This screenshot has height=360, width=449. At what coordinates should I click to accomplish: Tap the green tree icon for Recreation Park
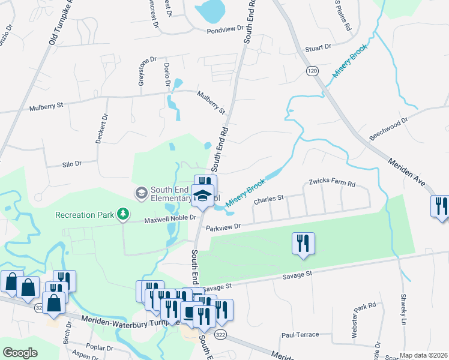(x=123, y=214)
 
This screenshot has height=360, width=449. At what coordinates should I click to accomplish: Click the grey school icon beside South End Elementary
(x=141, y=193)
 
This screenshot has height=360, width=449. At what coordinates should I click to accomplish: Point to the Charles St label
(x=268, y=199)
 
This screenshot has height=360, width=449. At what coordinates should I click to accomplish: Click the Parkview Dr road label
(x=223, y=227)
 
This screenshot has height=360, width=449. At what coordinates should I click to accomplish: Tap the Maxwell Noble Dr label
(x=170, y=220)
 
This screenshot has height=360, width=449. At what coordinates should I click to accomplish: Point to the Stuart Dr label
(x=318, y=47)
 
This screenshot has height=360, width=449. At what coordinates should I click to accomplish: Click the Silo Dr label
(x=71, y=163)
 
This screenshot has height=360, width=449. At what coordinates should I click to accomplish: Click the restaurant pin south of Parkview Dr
(x=303, y=242)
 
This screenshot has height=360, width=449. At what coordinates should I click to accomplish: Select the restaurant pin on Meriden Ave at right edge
(x=439, y=206)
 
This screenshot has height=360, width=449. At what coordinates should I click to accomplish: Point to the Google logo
(x=20, y=353)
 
